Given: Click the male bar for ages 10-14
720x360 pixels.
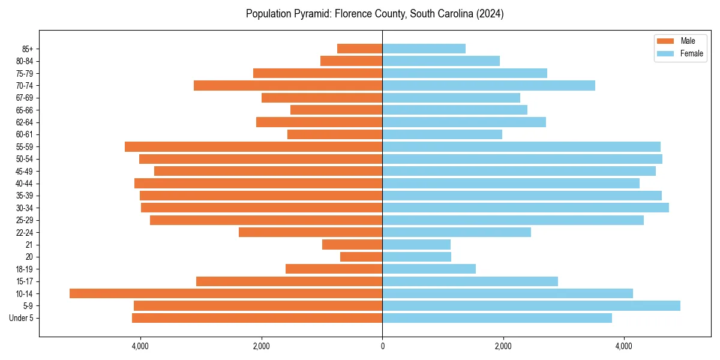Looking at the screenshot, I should tap(226, 293).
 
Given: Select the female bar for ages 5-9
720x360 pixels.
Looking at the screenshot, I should tap(531, 306).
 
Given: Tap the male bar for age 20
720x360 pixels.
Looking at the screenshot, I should tap(361, 257).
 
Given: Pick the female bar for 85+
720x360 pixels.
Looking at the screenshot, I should tap(424, 49).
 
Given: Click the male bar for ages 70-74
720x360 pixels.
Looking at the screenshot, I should tap(288, 85).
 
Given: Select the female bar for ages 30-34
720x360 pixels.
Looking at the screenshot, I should tap(525, 208).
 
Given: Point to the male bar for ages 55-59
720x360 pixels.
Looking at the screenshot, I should tap(253, 146).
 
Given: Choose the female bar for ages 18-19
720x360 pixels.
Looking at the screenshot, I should tap(429, 269).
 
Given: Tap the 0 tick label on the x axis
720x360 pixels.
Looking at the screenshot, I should tap(382, 346).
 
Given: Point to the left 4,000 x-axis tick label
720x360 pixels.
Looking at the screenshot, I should tap(140, 346).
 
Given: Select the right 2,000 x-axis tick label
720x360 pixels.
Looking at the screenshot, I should tap(503, 346).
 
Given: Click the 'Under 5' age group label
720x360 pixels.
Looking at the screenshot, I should tap(21, 318).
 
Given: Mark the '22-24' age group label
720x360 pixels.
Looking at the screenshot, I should tap(24, 232).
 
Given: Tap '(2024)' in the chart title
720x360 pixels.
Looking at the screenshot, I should tap(488, 14).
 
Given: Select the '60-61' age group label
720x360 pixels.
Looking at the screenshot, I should tap(24, 134).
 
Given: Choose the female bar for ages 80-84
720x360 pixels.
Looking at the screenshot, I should tap(441, 61).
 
